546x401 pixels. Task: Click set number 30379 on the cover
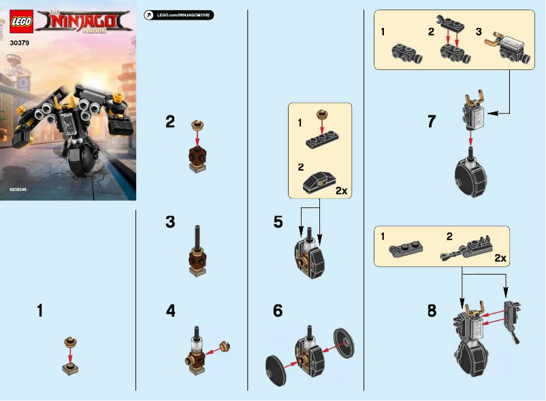[x=20, y=43]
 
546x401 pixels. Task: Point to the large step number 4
[x=171, y=311]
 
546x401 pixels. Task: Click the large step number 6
[x=278, y=311]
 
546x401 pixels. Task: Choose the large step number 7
[x=431, y=122]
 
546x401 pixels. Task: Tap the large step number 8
[x=432, y=311]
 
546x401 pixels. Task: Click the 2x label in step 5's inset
[x=341, y=191]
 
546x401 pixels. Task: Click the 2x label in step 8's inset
[x=500, y=258]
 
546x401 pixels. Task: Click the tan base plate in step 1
[x=69, y=370]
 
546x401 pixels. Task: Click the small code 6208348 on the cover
[x=19, y=190]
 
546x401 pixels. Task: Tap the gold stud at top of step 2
[x=198, y=124]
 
